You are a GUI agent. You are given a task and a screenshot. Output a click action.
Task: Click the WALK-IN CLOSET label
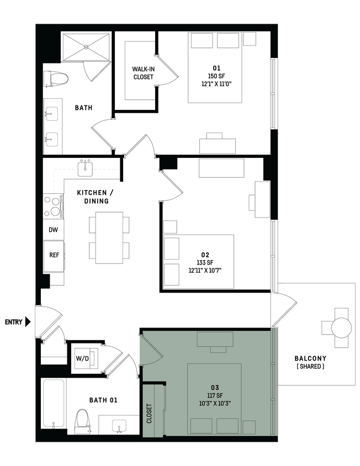pyautogui.click(x=143, y=73)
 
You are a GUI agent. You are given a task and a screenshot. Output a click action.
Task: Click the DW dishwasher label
pyautogui.click(x=53, y=230)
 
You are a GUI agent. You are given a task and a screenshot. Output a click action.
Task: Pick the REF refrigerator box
pyautogui.click(x=54, y=256)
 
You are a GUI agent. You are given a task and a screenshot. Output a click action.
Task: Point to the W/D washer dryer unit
pyautogui.click(x=83, y=358)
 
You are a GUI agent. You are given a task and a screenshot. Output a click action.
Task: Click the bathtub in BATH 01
pyautogui.click(x=54, y=404)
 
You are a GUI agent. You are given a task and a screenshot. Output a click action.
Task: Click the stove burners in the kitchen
pyautogui.click(x=54, y=205)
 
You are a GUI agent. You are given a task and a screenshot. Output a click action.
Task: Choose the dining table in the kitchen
pyautogui.click(x=109, y=237)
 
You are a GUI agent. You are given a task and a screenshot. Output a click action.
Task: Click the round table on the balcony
pyautogui.click(x=341, y=328)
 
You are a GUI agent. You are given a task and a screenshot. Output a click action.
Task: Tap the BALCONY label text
pyautogui.click(x=310, y=358)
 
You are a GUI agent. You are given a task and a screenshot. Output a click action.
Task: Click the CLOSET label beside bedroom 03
pyautogui.click(x=149, y=412)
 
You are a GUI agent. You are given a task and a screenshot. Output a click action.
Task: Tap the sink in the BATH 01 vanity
pyautogui.click(x=118, y=425)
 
